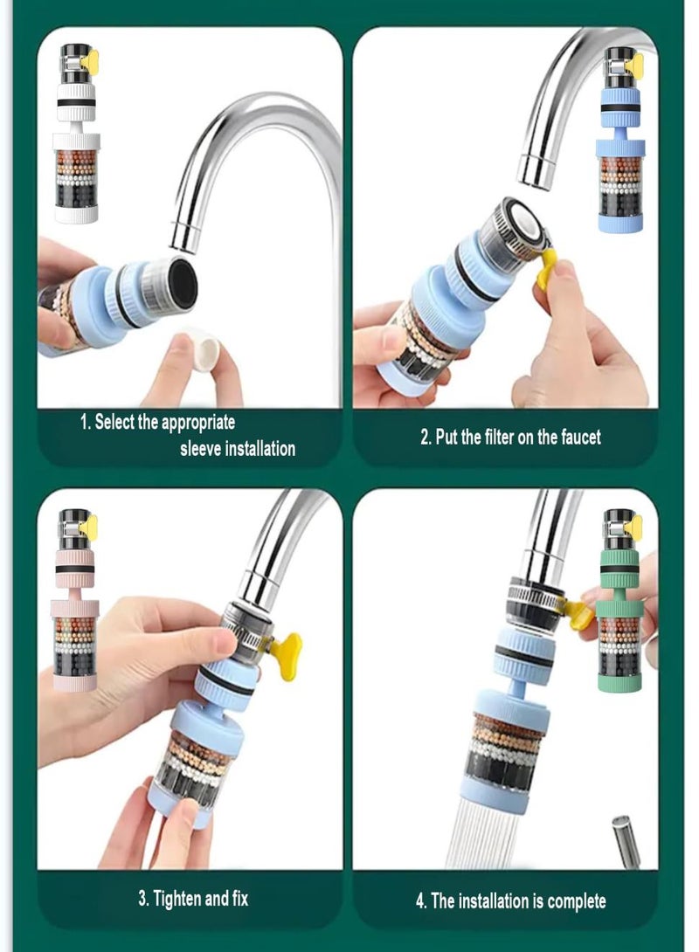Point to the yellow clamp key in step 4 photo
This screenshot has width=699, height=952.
[577, 613]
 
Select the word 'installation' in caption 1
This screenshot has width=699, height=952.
[238, 450]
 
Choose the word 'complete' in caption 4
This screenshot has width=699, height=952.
[571, 900]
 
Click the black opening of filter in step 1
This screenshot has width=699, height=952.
[182, 283]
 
